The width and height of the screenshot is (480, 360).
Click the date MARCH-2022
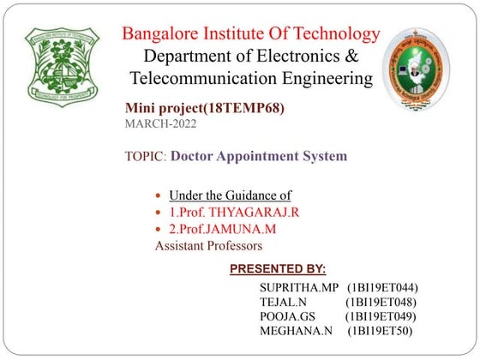click(160, 124)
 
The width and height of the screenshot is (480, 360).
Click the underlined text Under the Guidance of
click(230, 194)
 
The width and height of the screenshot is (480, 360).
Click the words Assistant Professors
click(208, 245)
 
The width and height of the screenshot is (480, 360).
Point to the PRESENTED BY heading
click(278, 269)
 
